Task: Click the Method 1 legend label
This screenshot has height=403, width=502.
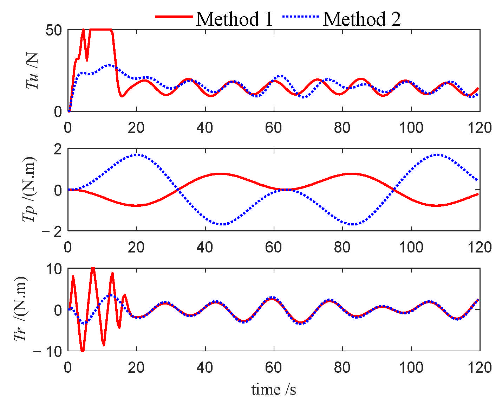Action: pyautogui.click(x=234, y=19)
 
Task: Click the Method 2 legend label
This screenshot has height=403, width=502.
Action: pyautogui.click(x=361, y=19)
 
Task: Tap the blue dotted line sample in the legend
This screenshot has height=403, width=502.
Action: pyautogui.click(x=301, y=17)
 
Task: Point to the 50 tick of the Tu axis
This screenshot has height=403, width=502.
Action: pyautogui.click(x=54, y=30)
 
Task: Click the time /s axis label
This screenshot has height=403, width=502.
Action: pyautogui.click(x=274, y=390)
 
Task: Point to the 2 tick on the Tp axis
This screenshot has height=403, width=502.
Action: pyautogui.click(x=58, y=149)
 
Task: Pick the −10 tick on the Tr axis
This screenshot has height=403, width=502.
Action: pyautogui.click(x=48, y=352)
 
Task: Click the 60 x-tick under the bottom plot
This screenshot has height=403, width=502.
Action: pyautogui.click(x=273, y=368)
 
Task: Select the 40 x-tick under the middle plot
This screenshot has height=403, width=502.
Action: pyautogui.click(x=205, y=248)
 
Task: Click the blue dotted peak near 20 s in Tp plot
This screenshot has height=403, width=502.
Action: pyautogui.click(x=136, y=154)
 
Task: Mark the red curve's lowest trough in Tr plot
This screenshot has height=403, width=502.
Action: pyautogui.click(x=82, y=351)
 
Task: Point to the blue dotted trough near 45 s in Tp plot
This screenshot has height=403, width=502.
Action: pyautogui.click(x=221, y=224)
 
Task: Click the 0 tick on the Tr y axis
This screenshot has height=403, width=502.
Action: pyautogui.click(x=58, y=310)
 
